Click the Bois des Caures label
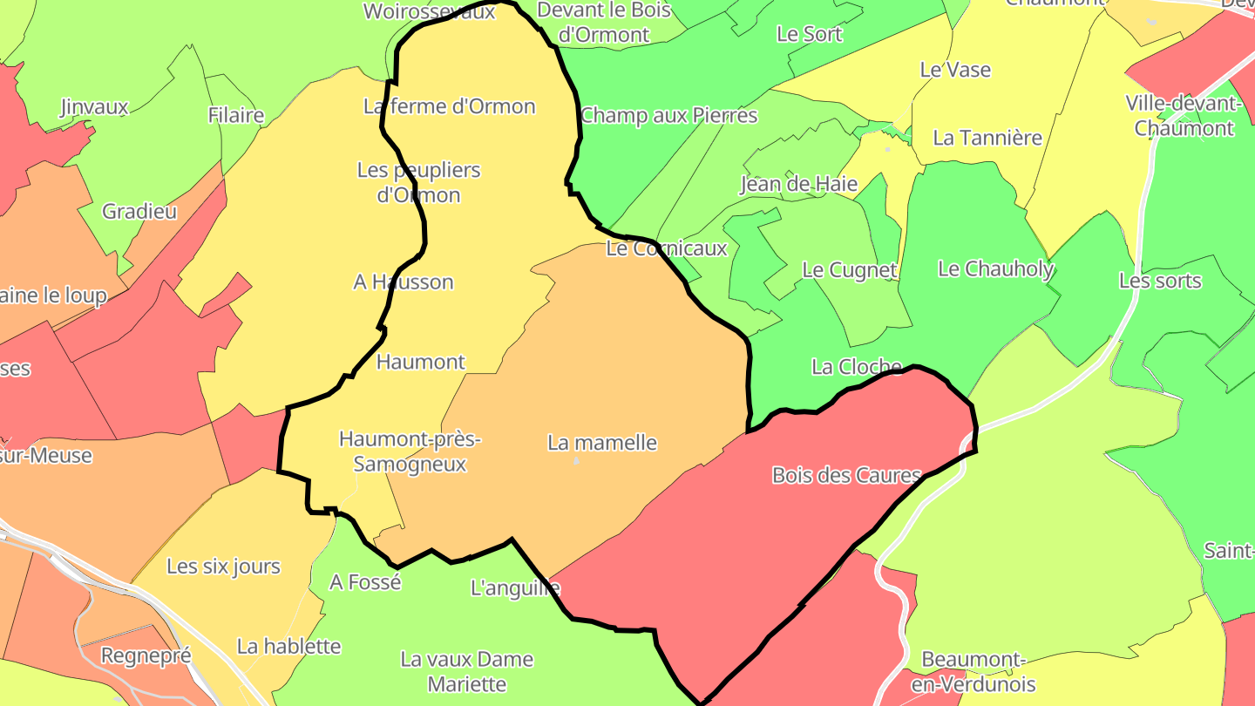(x=846, y=475)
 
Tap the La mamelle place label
(x=602, y=442)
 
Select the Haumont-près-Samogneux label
(x=410, y=451)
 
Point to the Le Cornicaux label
(x=666, y=248)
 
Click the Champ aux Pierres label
(x=668, y=115)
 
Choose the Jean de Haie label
(x=798, y=184)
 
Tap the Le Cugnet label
(x=849, y=269)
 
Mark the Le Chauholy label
(x=995, y=268)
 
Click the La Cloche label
(x=856, y=366)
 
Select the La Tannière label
(x=987, y=138)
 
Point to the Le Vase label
(x=955, y=70)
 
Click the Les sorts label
(x=1160, y=281)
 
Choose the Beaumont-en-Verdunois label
(x=973, y=671)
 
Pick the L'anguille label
(x=515, y=587)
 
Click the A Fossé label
(x=365, y=581)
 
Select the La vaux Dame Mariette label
(x=467, y=671)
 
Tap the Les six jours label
(x=223, y=567)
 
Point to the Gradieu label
(x=139, y=211)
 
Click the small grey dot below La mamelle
(x=576, y=460)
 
